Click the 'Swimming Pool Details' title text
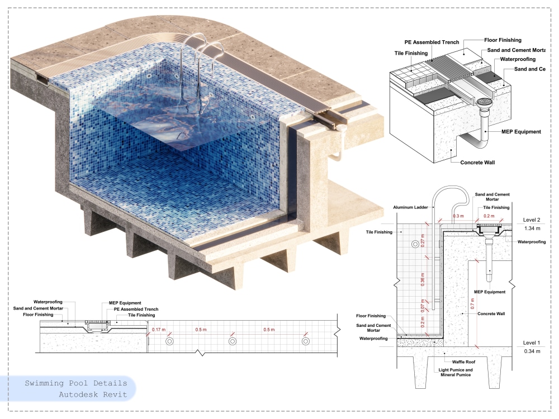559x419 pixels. (75, 383)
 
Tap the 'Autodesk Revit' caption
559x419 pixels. (93, 394)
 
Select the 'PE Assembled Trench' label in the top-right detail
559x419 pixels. (432, 42)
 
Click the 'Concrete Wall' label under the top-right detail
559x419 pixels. (477, 163)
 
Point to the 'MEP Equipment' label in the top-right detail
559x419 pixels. (521, 132)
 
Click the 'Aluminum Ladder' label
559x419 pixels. (410, 207)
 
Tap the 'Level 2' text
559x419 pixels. (532, 220)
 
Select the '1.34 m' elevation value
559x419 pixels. (532, 228)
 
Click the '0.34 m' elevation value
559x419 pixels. (532, 351)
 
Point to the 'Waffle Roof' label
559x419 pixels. (463, 361)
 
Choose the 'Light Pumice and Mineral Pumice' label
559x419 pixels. (456, 372)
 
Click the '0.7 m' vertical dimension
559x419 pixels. (473, 304)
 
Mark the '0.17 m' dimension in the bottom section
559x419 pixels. (159, 330)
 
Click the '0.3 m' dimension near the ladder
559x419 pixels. (458, 216)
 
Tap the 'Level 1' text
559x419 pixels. (532, 343)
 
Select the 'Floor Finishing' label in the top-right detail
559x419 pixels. (503, 40)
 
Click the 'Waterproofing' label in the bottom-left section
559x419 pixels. (48, 302)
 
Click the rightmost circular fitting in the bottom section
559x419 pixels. (306, 341)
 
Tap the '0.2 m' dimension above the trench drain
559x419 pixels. (489, 216)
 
